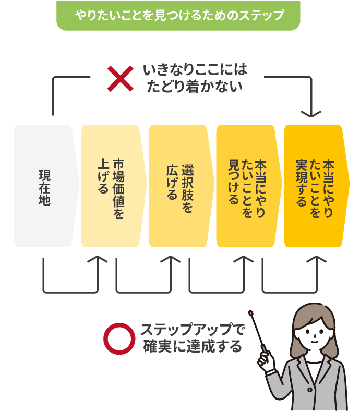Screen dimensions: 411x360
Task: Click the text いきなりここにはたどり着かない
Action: click(194, 78)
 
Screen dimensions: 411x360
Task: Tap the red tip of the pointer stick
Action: click(251, 313)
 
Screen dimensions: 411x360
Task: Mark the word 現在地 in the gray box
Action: click(44, 187)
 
